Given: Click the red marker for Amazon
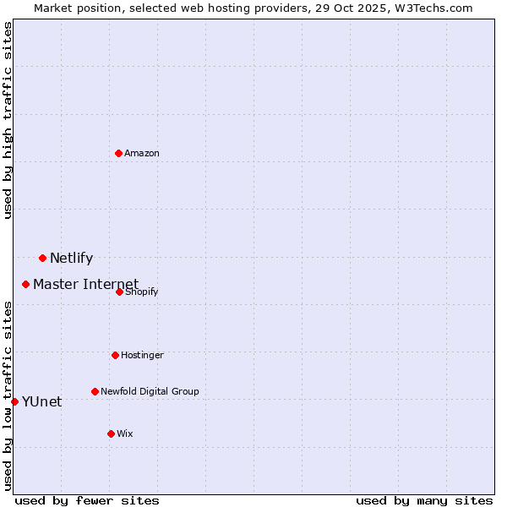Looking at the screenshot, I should tap(119, 153).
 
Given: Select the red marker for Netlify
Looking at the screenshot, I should tap(42, 258).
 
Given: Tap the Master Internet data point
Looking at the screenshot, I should tap(26, 284).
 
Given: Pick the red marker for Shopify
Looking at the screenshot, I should tap(120, 292).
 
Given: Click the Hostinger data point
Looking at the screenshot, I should tap(116, 355).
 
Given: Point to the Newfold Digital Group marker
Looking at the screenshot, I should tap(95, 391).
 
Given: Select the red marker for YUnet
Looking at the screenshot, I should tap(14, 401).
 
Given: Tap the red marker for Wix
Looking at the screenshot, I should tap(111, 433).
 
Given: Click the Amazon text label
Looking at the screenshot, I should tap(142, 154).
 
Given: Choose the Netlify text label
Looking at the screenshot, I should tap(71, 259).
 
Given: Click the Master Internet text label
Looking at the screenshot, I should tap(85, 284).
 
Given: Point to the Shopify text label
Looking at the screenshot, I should tap(142, 292).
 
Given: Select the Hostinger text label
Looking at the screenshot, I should tap(142, 356).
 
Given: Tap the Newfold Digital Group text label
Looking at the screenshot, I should tap(150, 392).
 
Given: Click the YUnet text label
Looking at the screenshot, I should tap(41, 402).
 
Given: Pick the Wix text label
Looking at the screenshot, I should tap(125, 434).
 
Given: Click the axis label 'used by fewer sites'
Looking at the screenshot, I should tap(87, 500).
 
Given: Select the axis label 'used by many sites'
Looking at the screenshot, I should tap(424, 500).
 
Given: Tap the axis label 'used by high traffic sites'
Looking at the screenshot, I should tap(8, 120).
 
